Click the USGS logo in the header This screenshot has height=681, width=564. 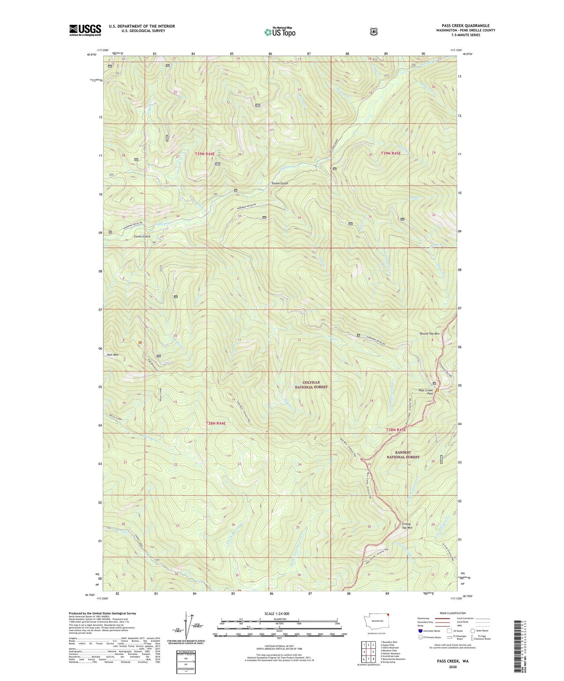coord(85,30)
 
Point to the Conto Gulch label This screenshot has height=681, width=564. coord(142,236)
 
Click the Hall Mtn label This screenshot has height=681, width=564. coord(112,355)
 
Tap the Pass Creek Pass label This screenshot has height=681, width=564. coord(425,392)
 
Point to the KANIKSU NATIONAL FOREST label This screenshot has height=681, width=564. coord(403,454)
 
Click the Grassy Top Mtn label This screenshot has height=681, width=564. coord(407,525)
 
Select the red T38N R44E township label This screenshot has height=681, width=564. coord(215,423)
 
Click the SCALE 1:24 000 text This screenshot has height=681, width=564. coord(277,614)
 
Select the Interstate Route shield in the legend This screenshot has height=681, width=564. coord(420,630)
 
